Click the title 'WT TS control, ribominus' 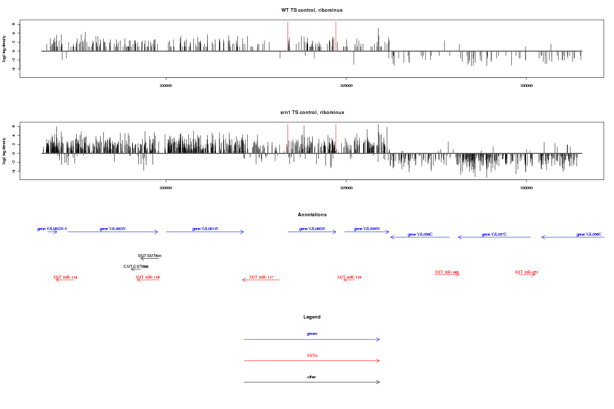pos(312,10)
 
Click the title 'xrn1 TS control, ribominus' pos(312,112)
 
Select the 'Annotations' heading pos(312,215)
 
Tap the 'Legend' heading pos(312,317)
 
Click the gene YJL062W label pos(113,229)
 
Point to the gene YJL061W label pos(205,229)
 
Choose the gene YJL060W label pos(312,229)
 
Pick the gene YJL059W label pos(367,229)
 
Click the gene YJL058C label pos(420,234)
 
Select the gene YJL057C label pos(494,234)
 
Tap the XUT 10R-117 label pos(261,277)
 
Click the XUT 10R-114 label pos(65,277)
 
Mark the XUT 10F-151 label pos(527,272)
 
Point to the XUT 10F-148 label pos(447,272)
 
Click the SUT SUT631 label pos(150,256)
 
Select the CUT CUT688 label pos(136,266)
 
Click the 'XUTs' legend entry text pos(312,355)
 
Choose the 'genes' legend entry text pos(312,333)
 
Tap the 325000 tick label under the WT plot pos(346,85)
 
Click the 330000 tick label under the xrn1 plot pos(526,188)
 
